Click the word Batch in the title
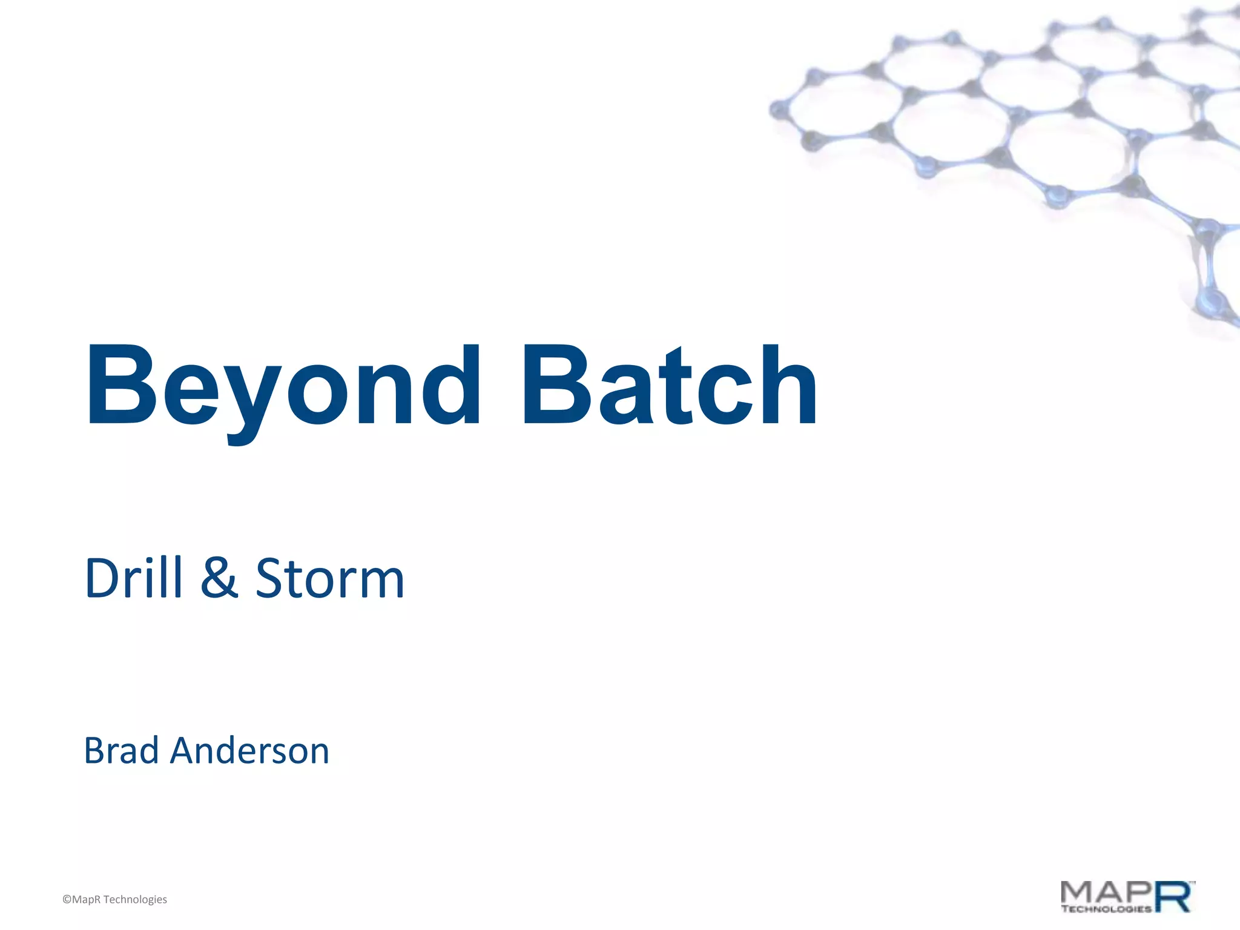669,387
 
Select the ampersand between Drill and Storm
219,578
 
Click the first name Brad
121,751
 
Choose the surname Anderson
249,751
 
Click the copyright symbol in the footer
67,900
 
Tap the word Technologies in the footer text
135,900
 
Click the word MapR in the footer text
87,900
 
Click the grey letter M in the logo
1078,892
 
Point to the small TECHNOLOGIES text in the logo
1106,908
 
